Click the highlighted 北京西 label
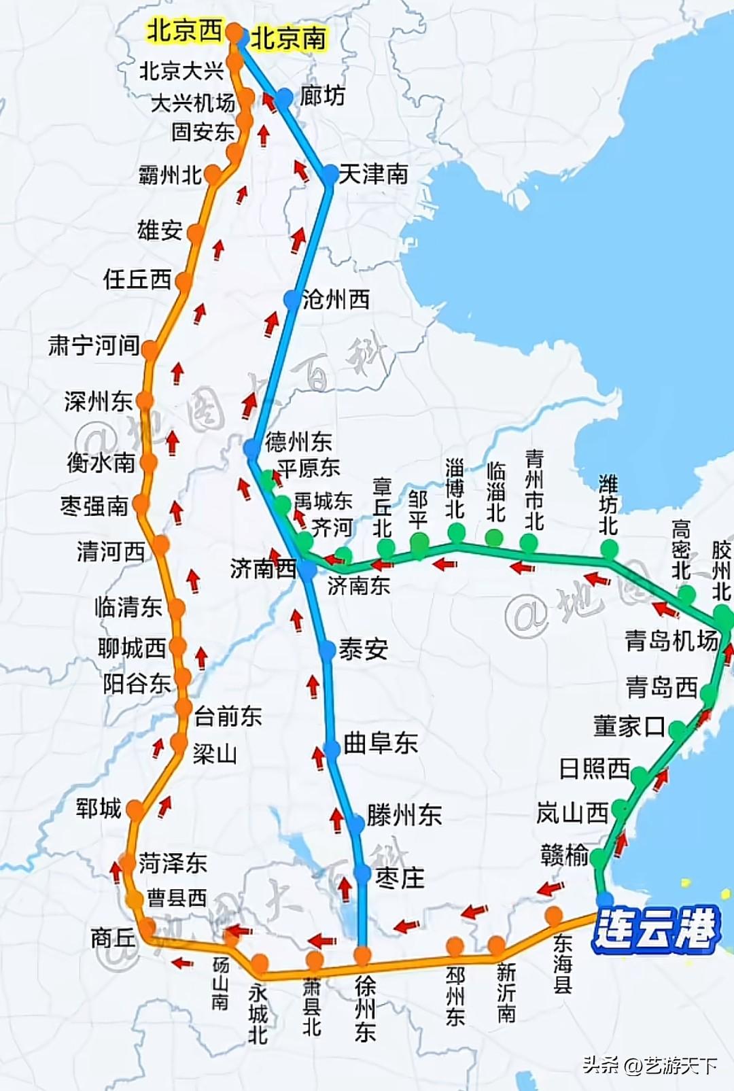(x=185, y=31)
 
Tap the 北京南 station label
(x=288, y=38)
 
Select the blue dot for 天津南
(x=330, y=175)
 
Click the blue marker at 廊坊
(x=284, y=98)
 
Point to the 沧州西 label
(x=336, y=299)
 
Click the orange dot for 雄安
(x=196, y=234)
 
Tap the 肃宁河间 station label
(x=94, y=345)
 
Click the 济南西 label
(x=262, y=569)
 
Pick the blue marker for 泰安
(x=328, y=651)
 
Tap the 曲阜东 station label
(x=381, y=743)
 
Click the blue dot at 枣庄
(x=362, y=873)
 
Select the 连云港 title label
(x=656, y=929)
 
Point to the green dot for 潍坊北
(x=609, y=548)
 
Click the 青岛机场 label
(x=671, y=640)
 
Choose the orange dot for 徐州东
(x=363, y=956)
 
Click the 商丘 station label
(x=113, y=939)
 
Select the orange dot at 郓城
(x=136, y=810)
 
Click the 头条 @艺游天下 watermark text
(x=650, y=1064)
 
